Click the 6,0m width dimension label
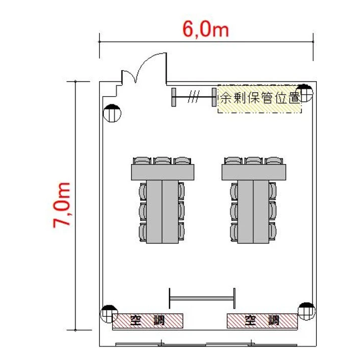206,30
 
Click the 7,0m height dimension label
61,205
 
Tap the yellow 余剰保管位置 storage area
259,99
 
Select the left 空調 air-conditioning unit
148,321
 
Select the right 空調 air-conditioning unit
262,321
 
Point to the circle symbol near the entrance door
112,113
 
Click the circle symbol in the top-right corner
304,93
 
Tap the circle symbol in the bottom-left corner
109,314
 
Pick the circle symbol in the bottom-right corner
307,312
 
